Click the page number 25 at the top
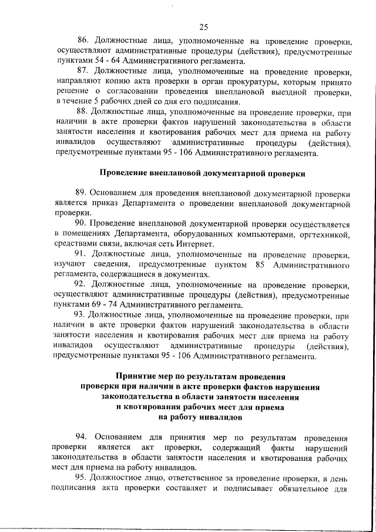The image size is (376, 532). [x=203, y=26]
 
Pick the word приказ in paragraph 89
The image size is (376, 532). [x=100, y=204]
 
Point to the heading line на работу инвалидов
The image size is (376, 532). [x=200, y=417]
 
